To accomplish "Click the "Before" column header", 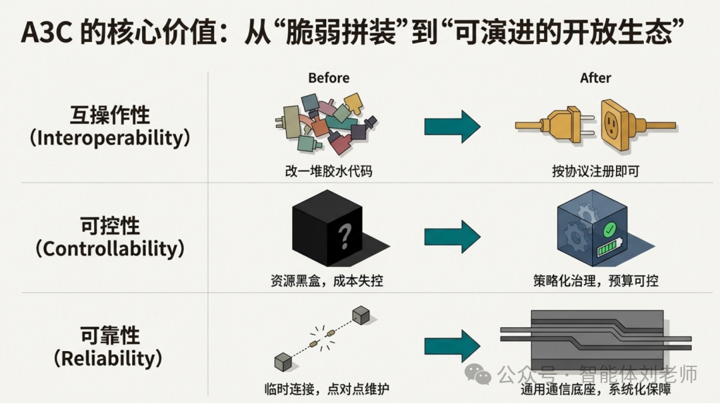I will [x=328, y=78].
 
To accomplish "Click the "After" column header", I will [x=595, y=78].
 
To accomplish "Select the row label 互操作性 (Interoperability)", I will [x=110, y=127].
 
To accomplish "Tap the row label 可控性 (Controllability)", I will [x=110, y=236].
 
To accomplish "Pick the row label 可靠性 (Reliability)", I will [x=110, y=346].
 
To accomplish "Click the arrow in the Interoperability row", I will [x=453, y=125].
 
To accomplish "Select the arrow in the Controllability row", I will [x=453, y=235].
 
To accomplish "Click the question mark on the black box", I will [x=344, y=234].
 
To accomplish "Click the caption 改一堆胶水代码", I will [x=329, y=171].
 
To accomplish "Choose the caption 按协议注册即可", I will [x=595, y=171].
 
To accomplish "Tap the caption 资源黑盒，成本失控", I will [x=329, y=281].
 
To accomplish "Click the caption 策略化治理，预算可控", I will [x=595, y=281].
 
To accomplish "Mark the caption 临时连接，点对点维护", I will [x=329, y=389].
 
